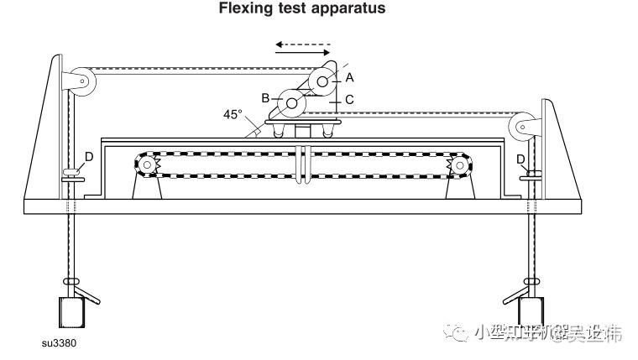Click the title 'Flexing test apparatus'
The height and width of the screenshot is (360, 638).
pos(290,9)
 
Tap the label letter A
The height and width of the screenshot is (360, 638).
pos(349,76)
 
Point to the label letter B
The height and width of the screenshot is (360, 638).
pos(265,98)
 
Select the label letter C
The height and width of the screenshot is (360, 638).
pos(349,99)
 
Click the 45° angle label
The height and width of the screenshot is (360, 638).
pos(233,115)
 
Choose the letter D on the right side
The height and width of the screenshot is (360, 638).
pos(520,158)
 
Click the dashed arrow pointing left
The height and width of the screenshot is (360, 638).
pos(303,44)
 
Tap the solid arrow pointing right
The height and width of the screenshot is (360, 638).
pos(303,53)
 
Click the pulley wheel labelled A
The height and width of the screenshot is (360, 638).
pos(322,81)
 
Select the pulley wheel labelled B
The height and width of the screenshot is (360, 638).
pos(291,103)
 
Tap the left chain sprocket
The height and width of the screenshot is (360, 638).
pos(147,165)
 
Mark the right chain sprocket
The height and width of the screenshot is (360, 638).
pos(459,166)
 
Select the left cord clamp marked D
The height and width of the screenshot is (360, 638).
pos(72,173)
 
